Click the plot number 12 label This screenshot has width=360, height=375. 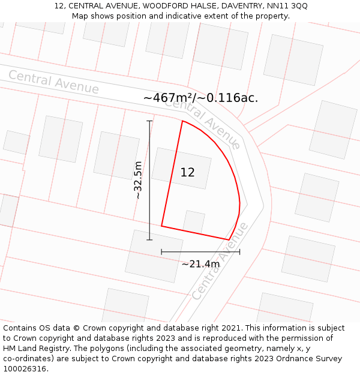187,173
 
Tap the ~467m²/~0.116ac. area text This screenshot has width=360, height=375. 200,98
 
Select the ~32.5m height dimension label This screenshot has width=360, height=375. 138,180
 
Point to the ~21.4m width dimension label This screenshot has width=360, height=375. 200,264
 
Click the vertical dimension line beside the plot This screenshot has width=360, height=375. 149,180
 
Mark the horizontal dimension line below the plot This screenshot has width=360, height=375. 200,252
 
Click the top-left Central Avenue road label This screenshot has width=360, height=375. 53,82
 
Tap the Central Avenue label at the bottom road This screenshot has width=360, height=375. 220,261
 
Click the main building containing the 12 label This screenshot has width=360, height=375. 181,169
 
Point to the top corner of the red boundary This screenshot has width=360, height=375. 182,121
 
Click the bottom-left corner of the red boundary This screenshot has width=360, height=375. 161,226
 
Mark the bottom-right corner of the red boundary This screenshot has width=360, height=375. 229,240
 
